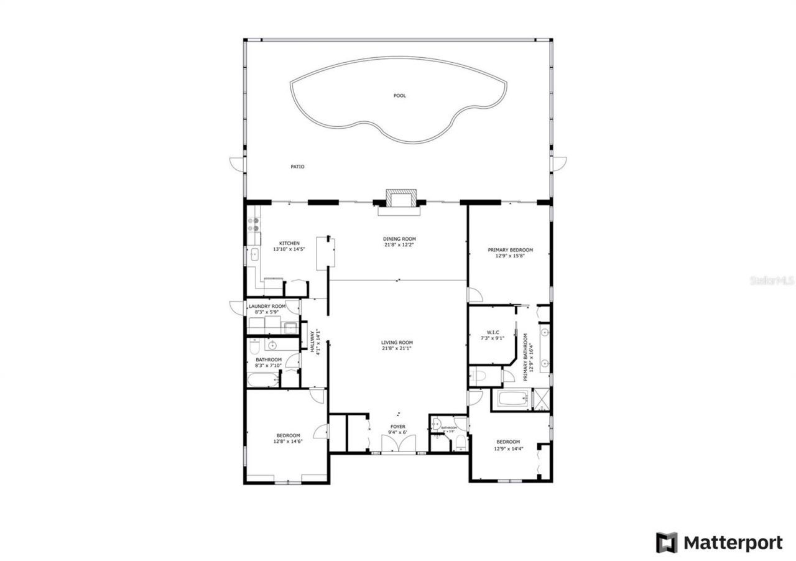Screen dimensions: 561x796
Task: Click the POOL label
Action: [x=399, y=96]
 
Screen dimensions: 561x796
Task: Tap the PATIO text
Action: [x=297, y=167]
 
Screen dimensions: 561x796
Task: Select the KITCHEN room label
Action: [x=289, y=243]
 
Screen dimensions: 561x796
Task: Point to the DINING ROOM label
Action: [x=399, y=239]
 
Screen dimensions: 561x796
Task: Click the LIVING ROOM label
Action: [x=397, y=343]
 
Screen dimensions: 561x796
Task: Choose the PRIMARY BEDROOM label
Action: [x=510, y=250]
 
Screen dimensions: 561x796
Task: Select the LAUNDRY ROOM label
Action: [x=267, y=307]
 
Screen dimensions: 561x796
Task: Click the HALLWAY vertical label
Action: [x=312, y=341]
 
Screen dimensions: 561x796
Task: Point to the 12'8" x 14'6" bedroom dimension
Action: [x=287, y=442]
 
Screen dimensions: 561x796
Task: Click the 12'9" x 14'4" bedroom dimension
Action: [x=508, y=448]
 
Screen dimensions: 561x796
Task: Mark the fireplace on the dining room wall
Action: [x=399, y=199]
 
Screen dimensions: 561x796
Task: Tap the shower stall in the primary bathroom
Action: [x=542, y=399]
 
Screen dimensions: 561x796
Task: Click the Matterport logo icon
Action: [x=667, y=542]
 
